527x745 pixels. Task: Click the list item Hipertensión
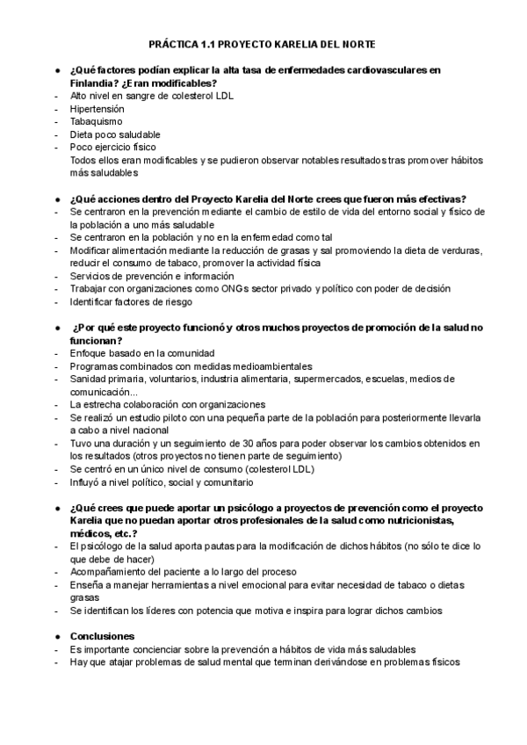click(x=97, y=108)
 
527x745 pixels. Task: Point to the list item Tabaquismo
click(x=96, y=121)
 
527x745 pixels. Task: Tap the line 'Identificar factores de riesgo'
click(x=133, y=302)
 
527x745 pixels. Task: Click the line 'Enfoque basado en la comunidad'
click(x=142, y=353)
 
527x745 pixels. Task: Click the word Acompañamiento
click(x=110, y=572)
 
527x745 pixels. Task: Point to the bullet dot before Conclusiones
click(x=57, y=636)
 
